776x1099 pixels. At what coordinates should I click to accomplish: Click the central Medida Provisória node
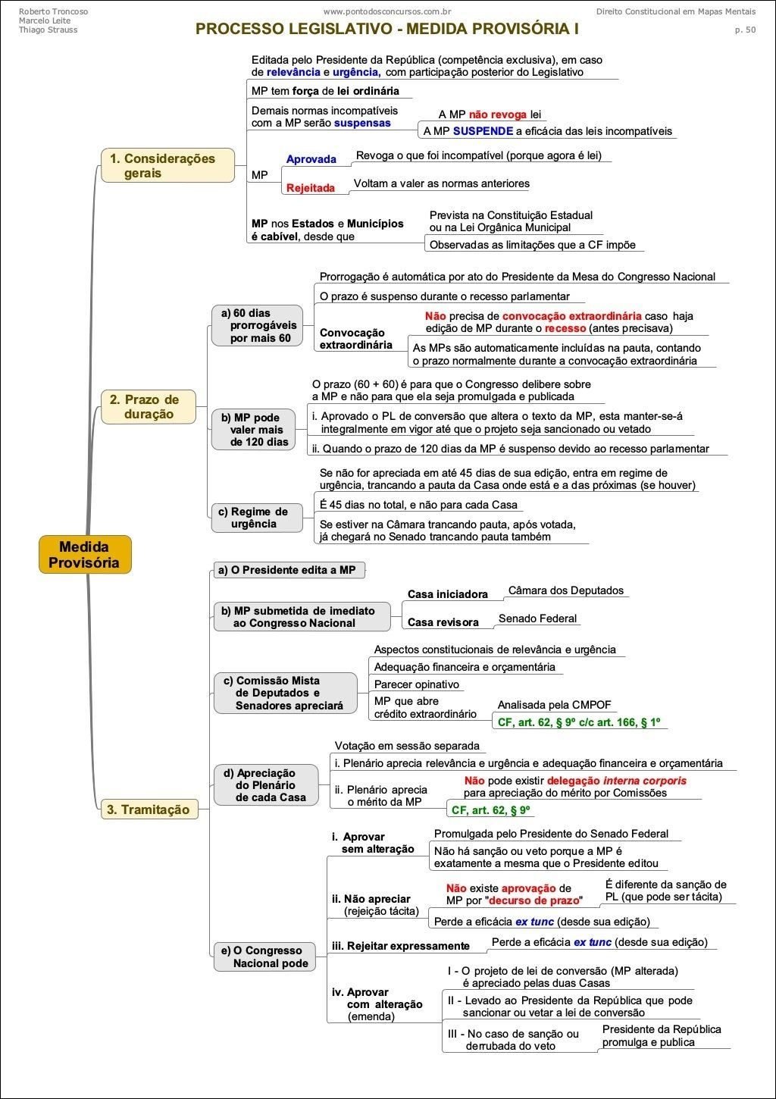(x=84, y=554)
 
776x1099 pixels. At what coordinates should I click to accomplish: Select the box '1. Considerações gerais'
(x=167, y=165)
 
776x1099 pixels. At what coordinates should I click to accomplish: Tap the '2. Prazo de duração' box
(x=149, y=407)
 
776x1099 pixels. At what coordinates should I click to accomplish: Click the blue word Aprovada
(x=311, y=159)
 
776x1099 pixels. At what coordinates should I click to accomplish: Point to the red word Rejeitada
(x=310, y=188)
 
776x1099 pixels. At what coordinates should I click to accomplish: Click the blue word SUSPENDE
(x=483, y=131)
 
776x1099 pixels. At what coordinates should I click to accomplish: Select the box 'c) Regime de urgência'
(x=255, y=518)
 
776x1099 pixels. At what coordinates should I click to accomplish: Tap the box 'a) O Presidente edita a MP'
(x=286, y=570)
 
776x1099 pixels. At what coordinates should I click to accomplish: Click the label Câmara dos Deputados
(x=565, y=590)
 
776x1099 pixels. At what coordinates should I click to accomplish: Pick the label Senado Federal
(x=537, y=618)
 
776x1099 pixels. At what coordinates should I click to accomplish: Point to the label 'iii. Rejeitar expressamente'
(x=400, y=946)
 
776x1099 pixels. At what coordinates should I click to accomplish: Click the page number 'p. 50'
(x=744, y=30)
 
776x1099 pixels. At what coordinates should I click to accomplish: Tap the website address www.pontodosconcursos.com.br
(x=387, y=11)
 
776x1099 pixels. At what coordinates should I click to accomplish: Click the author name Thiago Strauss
(x=48, y=30)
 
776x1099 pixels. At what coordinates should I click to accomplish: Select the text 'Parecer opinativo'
(x=416, y=684)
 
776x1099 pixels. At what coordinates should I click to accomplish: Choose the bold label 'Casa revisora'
(x=443, y=622)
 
